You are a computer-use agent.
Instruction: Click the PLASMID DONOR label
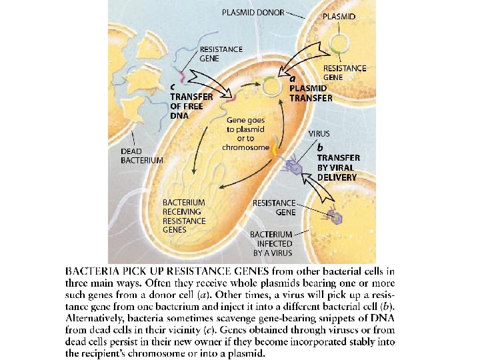click(254, 12)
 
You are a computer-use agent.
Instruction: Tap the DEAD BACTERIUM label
click(141, 155)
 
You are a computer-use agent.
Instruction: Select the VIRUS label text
click(319, 133)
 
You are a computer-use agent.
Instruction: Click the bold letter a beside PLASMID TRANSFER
click(291, 78)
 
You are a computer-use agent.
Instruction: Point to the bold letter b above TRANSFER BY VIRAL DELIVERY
click(321, 146)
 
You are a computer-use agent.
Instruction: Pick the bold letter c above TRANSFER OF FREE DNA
click(173, 86)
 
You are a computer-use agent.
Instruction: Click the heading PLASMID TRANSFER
click(311, 93)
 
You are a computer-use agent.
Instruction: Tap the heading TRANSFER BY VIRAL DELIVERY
click(338, 167)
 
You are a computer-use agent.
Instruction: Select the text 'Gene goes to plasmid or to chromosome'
click(245, 133)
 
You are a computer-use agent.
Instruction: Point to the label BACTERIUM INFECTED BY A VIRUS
click(271, 243)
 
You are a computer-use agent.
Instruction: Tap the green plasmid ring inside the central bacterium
click(271, 86)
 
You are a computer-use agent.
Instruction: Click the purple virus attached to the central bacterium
click(293, 167)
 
